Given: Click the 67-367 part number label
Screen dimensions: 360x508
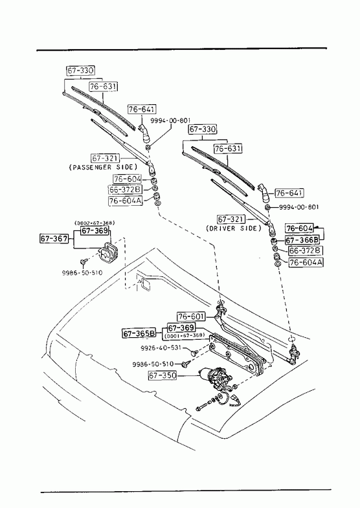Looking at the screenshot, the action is point(54,239).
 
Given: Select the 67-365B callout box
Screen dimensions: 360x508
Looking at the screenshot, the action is point(139,333).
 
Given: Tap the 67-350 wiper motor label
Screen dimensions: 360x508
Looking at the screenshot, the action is point(163,375).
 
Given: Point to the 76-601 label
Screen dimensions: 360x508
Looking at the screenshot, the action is point(191,316).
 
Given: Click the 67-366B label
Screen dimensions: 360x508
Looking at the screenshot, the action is point(302,239).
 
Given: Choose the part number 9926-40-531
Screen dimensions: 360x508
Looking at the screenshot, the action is point(161,348).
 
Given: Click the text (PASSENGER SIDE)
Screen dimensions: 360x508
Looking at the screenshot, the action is point(103,167).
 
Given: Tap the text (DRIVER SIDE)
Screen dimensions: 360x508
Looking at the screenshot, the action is point(233,228).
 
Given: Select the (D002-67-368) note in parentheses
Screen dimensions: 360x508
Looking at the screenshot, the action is point(95,223).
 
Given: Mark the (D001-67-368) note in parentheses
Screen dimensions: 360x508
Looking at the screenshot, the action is point(185,335).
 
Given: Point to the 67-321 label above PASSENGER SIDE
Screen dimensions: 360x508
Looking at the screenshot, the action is point(106,158).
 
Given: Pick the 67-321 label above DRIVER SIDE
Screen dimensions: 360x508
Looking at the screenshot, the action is point(231,219).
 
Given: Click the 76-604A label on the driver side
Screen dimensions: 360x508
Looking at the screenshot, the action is point(306,262).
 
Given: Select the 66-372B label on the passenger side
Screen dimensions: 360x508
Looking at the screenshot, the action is point(125,189).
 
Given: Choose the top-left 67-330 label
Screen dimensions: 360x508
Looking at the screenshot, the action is point(81,71).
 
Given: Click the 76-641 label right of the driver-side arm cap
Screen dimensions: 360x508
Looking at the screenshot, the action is point(289,193).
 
